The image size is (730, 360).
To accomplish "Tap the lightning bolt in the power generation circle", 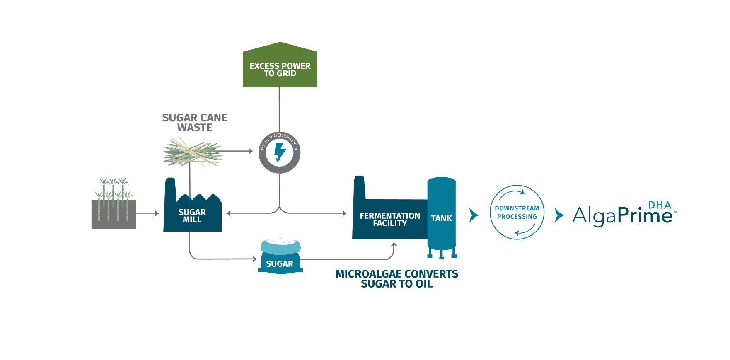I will point(280,152).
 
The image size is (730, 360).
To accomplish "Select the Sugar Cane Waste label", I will point(195,123).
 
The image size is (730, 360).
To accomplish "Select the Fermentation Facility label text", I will point(389,220).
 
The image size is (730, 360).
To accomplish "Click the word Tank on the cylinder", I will point(441,218).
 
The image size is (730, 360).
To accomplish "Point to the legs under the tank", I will point(442,253).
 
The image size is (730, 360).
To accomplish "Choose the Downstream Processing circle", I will point(517,213).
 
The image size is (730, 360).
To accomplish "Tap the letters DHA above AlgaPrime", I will point(660,205).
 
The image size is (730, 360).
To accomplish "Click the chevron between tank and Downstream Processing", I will point(474,215).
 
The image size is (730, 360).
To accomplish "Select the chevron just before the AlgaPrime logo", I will point(559,215).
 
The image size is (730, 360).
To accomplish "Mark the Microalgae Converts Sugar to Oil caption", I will point(396,279).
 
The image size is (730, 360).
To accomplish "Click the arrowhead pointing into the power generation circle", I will point(250,151).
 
